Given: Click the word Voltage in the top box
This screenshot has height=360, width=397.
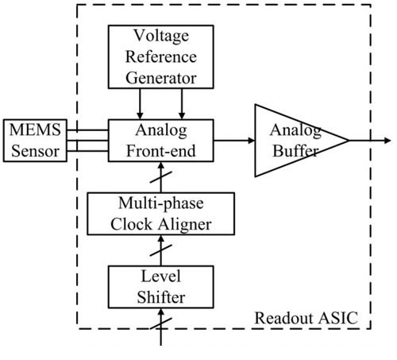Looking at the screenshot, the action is coord(161,36).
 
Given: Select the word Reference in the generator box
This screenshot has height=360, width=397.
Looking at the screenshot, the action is coord(161,56).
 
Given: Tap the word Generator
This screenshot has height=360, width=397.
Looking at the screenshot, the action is coord(161,78).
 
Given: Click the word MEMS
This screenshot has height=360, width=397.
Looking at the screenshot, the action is coord(35,130).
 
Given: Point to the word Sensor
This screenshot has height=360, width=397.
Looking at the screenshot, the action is coord(35,151).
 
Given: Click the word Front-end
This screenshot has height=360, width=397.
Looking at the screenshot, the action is coord(161,151).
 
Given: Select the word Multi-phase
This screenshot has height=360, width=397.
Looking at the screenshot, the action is coord(161,203).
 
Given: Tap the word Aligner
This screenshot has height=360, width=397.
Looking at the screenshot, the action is coord(185,225).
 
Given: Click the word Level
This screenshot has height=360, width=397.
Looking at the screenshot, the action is coord(161,277).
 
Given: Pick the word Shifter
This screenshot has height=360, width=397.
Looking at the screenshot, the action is coord(161,297).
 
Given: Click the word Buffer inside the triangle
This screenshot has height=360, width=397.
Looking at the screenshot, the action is coord(295,151).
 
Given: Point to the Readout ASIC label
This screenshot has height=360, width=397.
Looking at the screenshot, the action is coord(306,318).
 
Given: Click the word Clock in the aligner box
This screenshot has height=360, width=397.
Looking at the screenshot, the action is coord(132,225).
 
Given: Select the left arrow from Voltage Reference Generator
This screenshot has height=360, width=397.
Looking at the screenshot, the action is coord(140,104).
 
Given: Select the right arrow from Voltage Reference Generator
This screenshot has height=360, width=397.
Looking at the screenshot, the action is coord(182,104).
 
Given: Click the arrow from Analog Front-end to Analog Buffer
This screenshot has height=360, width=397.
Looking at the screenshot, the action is coord(234,141).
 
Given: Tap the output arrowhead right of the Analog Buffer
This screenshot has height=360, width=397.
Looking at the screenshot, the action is coord(387,141).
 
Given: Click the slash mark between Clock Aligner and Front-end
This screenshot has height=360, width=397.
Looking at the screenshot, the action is coord(161,177).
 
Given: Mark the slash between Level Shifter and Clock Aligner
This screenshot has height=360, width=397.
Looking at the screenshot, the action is coord(161,250).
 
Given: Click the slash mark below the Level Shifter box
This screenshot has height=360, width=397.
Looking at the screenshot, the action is coord(161,323).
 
